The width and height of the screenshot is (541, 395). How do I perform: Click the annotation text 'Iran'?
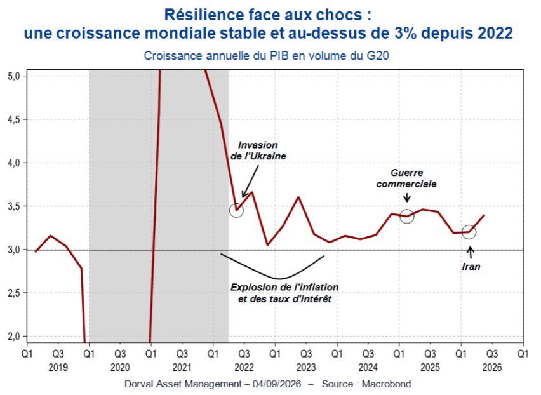(x=471, y=267)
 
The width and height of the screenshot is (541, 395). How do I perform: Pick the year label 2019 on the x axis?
(x=58, y=368)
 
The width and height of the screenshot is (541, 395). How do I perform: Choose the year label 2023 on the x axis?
(x=306, y=368)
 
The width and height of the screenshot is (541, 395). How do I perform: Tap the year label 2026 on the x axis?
(x=492, y=368)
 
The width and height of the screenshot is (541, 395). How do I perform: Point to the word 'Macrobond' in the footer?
(x=387, y=384)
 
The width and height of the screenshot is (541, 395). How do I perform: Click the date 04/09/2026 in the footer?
(x=277, y=384)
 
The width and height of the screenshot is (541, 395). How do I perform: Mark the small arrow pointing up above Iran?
(x=470, y=252)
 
